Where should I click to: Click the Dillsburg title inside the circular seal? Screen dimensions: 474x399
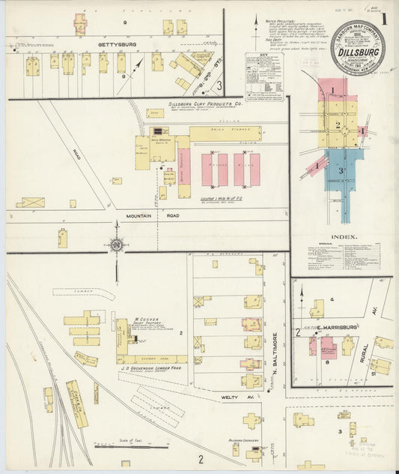pos(362,53)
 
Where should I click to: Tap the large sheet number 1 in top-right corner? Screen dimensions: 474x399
pos(385,19)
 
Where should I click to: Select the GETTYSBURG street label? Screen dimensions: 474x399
pos(116,45)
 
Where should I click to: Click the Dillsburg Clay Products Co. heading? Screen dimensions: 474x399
pos(203,106)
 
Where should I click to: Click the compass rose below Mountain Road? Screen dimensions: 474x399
pos(115,244)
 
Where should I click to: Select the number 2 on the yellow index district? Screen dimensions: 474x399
pos(338,125)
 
